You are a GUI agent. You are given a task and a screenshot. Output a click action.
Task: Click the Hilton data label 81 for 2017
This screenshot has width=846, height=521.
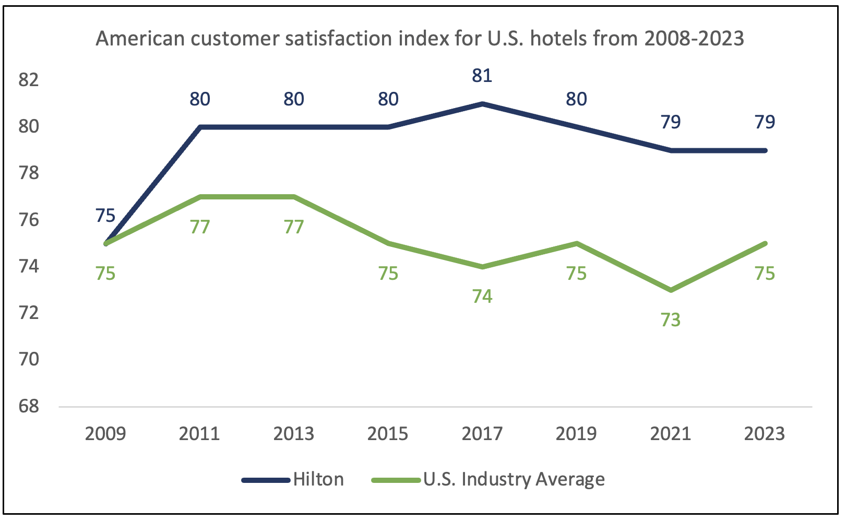click(482, 76)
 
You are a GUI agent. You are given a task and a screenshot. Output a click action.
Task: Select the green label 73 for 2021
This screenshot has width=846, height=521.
click(670, 320)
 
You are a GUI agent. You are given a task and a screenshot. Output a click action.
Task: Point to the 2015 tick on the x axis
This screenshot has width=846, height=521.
click(388, 434)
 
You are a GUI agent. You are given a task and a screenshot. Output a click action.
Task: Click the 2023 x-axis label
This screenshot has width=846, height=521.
click(764, 434)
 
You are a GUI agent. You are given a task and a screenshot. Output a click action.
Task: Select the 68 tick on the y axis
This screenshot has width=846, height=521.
click(29, 406)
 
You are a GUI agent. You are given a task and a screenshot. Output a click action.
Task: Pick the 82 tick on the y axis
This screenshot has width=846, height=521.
click(29, 80)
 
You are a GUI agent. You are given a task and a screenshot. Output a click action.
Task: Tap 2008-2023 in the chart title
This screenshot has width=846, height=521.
click(694, 39)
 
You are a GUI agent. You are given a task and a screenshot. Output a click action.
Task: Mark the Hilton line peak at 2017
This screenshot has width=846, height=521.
click(482, 104)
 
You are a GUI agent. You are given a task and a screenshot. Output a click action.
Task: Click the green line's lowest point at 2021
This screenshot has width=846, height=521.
click(671, 290)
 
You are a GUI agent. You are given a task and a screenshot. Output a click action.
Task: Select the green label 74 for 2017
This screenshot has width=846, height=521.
click(482, 297)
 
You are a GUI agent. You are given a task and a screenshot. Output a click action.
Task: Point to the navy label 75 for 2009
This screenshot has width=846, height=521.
click(105, 216)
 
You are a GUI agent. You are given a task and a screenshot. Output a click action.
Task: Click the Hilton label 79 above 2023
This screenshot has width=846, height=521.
click(765, 122)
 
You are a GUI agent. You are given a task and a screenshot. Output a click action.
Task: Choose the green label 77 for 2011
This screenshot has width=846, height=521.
click(199, 227)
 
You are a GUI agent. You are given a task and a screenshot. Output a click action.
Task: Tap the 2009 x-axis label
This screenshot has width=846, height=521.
click(105, 434)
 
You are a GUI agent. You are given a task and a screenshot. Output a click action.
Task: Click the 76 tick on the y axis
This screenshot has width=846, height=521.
click(29, 220)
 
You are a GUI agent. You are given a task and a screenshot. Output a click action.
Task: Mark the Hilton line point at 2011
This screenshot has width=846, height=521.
click(200, 127)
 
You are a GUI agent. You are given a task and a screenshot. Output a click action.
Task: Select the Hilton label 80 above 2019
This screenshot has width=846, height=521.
click(576, 99)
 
